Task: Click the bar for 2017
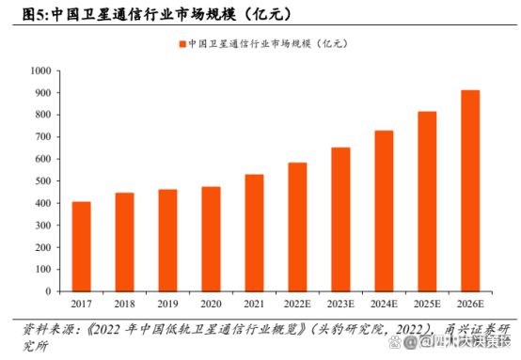(x=82, y=246)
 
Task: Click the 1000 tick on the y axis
(x=40, y=70)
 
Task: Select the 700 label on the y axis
(x=43, y=137)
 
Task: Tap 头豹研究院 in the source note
(x=348, y=329)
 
